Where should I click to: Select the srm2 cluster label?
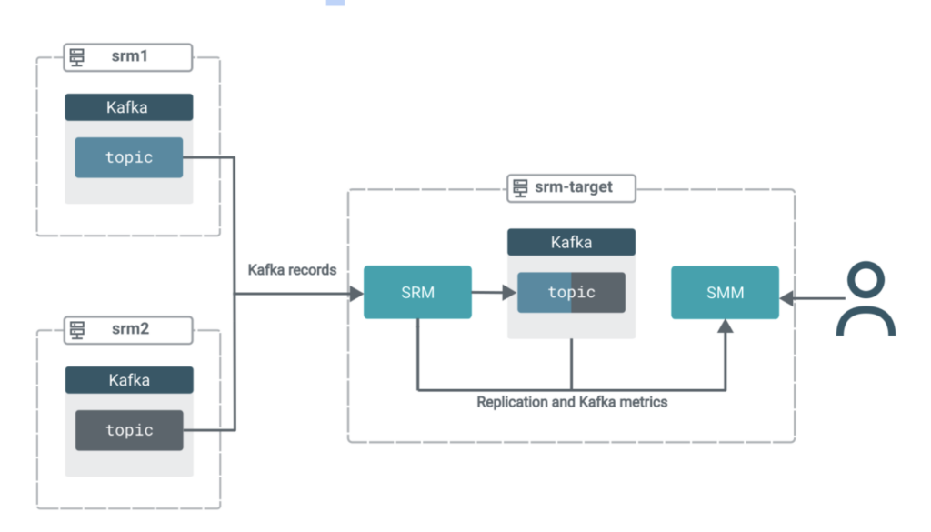click(x=129, y=329)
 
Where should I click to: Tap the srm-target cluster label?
click(x=574, y=187)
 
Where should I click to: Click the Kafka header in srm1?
click(x=128, y=107)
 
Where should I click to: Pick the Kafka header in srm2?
click(x=128, y=380)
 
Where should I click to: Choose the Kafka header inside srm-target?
click(x=571, y=242)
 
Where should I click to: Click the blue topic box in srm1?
click(x=128, y=157)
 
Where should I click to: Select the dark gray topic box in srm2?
click(x=128, y=430)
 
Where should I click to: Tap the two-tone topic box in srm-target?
click(x=571, y=292)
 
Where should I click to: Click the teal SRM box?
click(x=417, y=292)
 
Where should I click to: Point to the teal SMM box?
click(x=725, y=292)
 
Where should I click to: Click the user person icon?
click(x=866, y=300)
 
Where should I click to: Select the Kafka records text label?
click(x=292, y=270)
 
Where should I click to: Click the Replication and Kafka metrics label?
click(x=572, y=401)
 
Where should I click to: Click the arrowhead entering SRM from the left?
click(x=356, y=293)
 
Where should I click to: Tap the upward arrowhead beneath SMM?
click(x=725, y=326)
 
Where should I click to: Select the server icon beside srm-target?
click(x=520, y=187)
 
